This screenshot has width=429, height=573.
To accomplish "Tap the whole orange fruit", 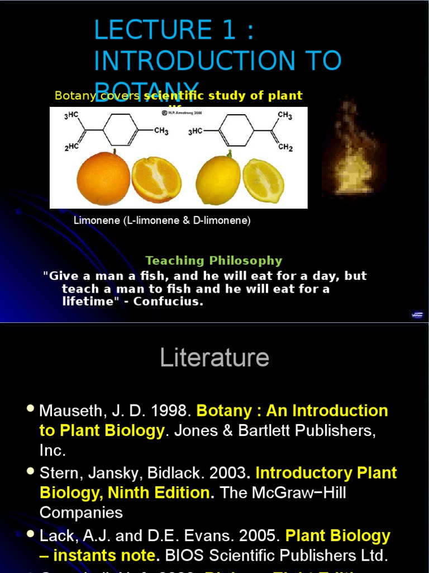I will (103, 179).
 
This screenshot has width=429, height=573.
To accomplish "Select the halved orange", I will (156, 179).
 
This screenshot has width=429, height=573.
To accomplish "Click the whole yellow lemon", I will (218, 180).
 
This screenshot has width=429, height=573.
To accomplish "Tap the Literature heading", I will (214, 358).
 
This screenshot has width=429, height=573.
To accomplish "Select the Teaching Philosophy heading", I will (214, 260).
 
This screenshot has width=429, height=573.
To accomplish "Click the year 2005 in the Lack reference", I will (259, 536).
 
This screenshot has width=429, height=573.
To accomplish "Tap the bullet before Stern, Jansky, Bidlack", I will (31, 472).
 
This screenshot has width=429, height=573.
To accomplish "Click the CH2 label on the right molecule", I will (285, 148).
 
